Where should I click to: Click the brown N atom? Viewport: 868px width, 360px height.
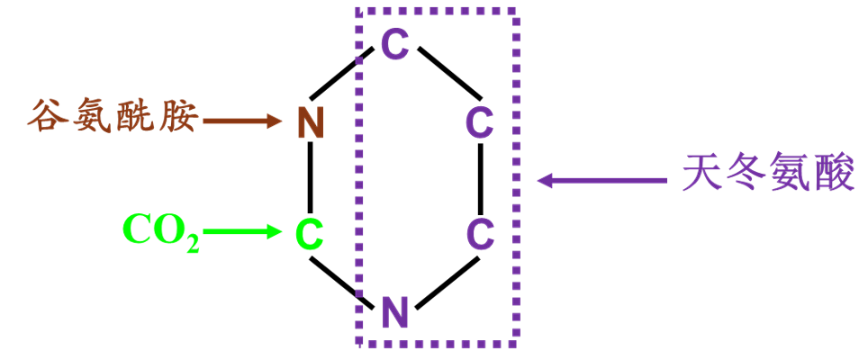[311, 121]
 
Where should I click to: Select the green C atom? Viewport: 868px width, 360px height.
[310, 234]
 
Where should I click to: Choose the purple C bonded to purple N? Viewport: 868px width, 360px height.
[480, 234]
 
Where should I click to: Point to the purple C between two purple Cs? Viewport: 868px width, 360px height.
[480, 121]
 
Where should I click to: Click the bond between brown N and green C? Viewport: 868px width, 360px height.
[311, 177]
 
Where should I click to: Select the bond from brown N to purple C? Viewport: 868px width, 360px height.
[347, 77]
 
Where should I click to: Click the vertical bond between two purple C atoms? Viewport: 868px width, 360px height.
[480, 177]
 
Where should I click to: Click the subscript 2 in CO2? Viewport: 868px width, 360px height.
[192, 243]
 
